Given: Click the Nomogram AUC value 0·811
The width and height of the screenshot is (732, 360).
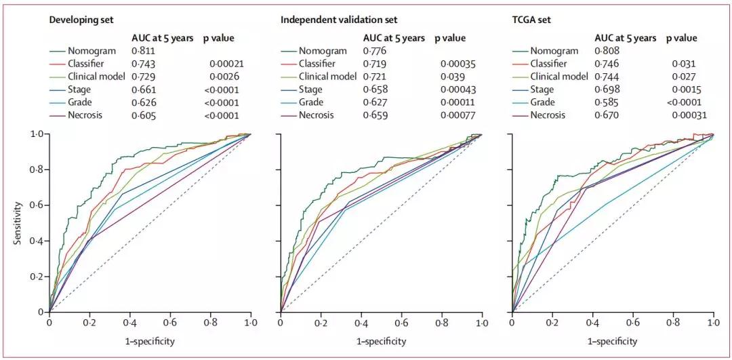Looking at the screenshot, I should click(x=144, y=51).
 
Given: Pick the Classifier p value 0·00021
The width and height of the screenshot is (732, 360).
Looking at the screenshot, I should click(x=225, y=64).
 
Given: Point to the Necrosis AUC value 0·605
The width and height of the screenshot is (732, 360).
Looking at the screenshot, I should click(x=144, y=115).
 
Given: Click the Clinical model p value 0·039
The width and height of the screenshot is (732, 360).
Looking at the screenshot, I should click(x=455, y=77).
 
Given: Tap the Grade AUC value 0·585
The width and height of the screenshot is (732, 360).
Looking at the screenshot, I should click(x=608, y=102).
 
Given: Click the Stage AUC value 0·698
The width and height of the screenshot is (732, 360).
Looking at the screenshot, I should click(x=608, y=89).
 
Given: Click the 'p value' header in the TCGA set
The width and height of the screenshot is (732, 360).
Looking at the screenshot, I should click(x=682, y=38).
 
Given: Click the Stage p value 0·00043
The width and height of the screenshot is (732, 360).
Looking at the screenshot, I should click(x=458, y=89).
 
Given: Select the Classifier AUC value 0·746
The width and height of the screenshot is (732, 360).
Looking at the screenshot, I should click(x=608, y=64).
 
